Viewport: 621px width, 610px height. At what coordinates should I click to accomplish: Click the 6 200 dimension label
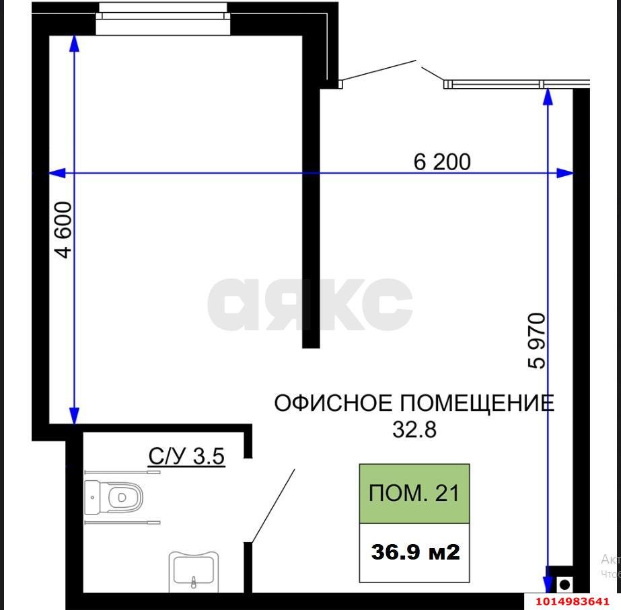442,161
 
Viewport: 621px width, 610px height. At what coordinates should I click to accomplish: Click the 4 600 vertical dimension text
63,229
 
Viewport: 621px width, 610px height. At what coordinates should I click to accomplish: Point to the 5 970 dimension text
538,340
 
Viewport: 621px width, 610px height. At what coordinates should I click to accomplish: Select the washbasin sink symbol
194,568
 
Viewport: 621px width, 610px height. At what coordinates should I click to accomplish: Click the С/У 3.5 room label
186,457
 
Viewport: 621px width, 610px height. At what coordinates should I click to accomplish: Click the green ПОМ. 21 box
414,494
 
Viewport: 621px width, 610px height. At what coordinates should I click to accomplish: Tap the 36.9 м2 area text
415,552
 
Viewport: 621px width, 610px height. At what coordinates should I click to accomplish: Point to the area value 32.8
414,429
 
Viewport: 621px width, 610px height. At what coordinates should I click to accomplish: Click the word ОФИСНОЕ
333,404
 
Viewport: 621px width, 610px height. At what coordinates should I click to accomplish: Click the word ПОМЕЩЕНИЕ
478,404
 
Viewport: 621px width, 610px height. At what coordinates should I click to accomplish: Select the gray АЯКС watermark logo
309,305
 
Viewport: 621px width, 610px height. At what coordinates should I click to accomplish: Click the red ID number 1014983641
572,601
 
